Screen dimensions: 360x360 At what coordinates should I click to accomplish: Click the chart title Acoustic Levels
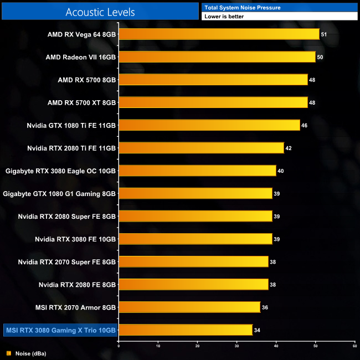pyautogui.click(x=100, y=12)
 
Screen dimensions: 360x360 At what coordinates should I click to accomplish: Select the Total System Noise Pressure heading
pyautogui.click(x=242, y=7)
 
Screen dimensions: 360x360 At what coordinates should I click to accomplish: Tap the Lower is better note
pyautogui.click(x=224, y=17)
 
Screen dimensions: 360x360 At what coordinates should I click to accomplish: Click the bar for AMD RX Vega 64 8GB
pyautogui.click(x=219, y=34)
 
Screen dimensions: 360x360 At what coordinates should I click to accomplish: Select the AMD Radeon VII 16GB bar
pyautogui.click(x=217, y=57)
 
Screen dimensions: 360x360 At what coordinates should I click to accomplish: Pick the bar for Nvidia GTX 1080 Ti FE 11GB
pyautogui.click(x=209, y=125)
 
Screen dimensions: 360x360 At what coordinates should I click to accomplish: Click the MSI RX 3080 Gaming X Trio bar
pyautogui.click(x=186, y=330)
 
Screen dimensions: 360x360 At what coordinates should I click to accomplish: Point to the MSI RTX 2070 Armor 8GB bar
pyautogui.click(x=189, y=307)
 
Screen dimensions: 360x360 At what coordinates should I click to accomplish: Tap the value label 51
pyautogui.click(x=324, y=34)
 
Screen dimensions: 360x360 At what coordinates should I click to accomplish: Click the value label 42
pyautogui.click(x=288, y=148)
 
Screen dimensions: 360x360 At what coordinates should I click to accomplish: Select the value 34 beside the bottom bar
pyautogui.click(x=256, y=330)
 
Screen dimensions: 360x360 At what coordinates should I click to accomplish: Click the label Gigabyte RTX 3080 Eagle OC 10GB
pyautogui.click(x=60, y=171)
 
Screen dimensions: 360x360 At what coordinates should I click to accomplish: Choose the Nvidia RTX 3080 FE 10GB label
pyautogui.click(x=75, y=239)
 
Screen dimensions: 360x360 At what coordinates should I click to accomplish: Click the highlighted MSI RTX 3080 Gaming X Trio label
pyautogui.click(x=61, y=330)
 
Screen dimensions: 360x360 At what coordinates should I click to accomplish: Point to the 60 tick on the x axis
pyautogui.click(x=354, y=346)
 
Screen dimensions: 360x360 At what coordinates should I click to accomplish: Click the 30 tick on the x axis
pyautogui.click(x=236, y=346)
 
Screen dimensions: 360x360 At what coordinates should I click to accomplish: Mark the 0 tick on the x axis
pyautogui.click(x=119, y=346)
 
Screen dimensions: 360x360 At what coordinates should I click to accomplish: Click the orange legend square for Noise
pyautogui.click(x=9, y=353)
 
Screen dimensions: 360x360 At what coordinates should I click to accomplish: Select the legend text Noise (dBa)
pyautogui.click(x=31, y=353)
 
